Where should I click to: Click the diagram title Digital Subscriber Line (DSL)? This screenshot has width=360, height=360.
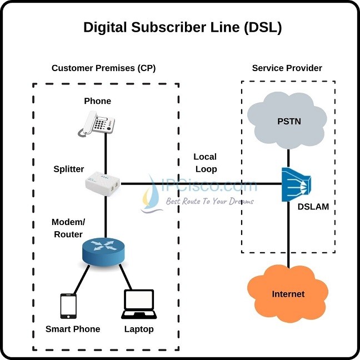(x=182, y=28)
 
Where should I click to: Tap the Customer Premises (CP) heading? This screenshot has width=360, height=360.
(x=103, y=68)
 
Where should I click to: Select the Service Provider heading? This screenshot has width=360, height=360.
(x=287, y=68)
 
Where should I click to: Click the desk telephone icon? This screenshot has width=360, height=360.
(x=98, y=122)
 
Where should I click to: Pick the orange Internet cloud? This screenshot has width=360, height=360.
(x=288, y=292)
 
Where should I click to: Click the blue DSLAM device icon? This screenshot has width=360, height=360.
(x=294, y=183)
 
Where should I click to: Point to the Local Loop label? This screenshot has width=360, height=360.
(x=205, y=163)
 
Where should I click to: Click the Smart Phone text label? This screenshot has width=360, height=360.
(x=73, y=329)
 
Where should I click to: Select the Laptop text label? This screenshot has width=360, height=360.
(x=138, y=329)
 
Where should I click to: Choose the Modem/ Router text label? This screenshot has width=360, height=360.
(x=67, y=228)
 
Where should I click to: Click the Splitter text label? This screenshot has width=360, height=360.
(x=68, y=169)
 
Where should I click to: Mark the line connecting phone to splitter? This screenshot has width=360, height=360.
(x=104, y=153)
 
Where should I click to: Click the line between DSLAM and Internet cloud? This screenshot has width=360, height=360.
(x=288, y=233)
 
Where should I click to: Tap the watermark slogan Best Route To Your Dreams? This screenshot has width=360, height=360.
(x=218, y=201)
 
